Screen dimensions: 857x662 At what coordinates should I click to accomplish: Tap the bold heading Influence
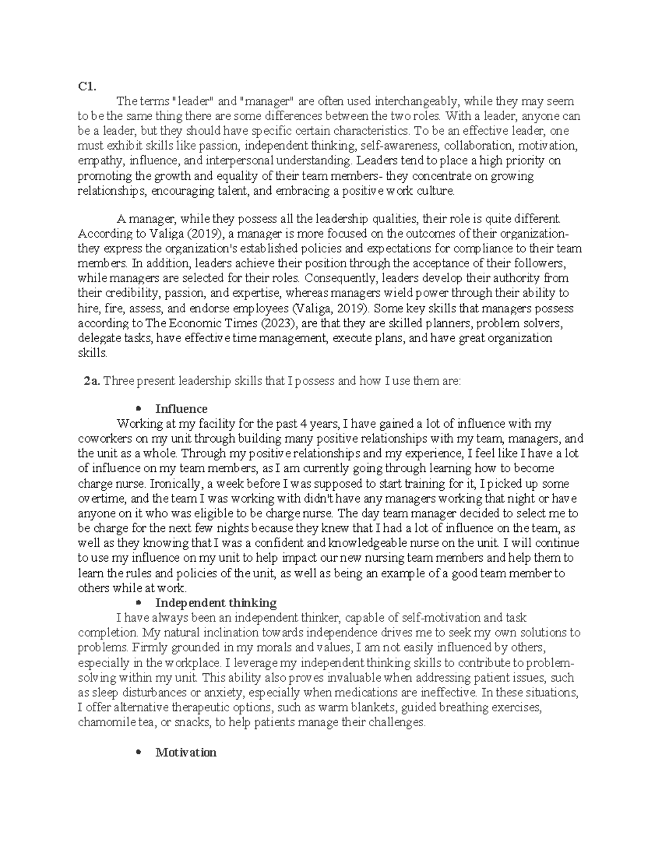click(x=181, y=409)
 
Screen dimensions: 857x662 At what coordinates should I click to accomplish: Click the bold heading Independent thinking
click(x=216, y=603)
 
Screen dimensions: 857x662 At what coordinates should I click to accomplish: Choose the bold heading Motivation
click(x=186, y=752)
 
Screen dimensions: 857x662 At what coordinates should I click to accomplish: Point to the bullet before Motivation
click(x=138, y=752)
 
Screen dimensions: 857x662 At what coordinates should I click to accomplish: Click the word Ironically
click(x=175, y=484)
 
